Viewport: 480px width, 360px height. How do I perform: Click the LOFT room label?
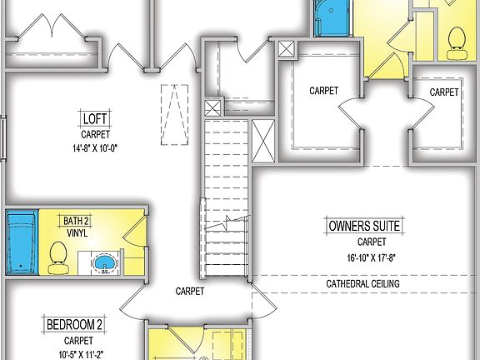coord(92,117)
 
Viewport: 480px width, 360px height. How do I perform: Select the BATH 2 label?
coord(75,221)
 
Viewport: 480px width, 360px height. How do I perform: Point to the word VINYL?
coord(75,234)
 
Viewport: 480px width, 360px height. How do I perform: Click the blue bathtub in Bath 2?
coord(20,242)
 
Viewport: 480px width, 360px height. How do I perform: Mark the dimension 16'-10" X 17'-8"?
coord(364,257)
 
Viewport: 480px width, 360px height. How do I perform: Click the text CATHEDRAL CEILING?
coord(362,284)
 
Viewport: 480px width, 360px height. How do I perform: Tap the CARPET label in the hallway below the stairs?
coord(191,292)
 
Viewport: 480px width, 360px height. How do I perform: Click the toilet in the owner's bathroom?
coord(456,42)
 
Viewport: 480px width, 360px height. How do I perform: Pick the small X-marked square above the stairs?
coord(212,107)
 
